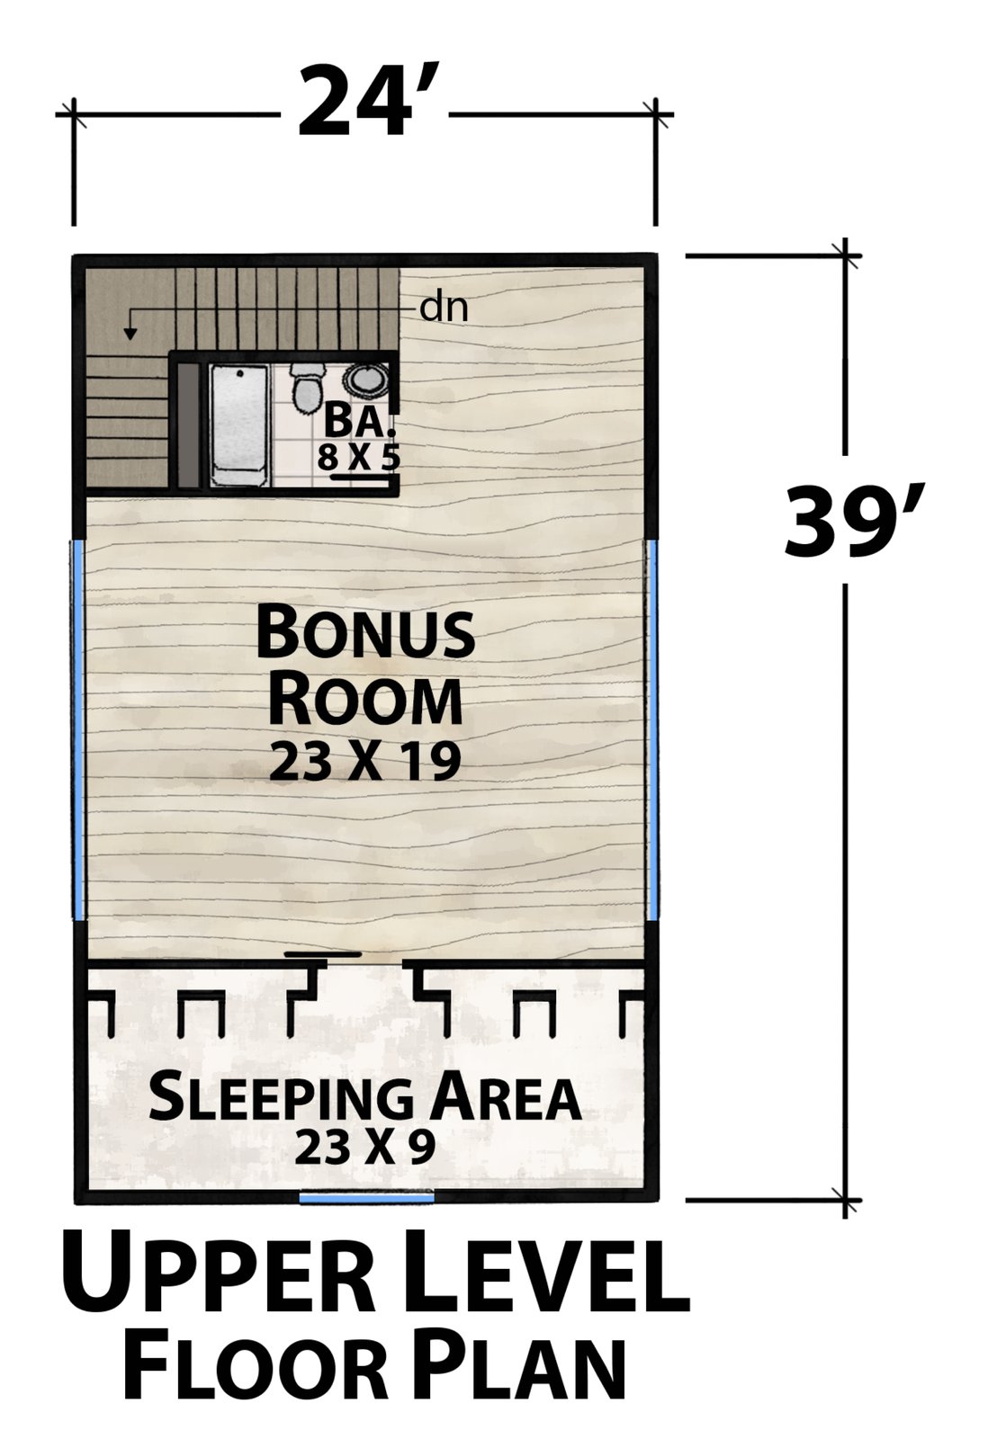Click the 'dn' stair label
tap(444, 308)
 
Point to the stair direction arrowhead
tap(130, 333)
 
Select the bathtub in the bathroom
tap(239, 426)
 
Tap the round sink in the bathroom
tap(365, 380)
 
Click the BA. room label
tap(359, 424)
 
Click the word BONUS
tap(365, 633)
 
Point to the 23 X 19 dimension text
tap(365, 761)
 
